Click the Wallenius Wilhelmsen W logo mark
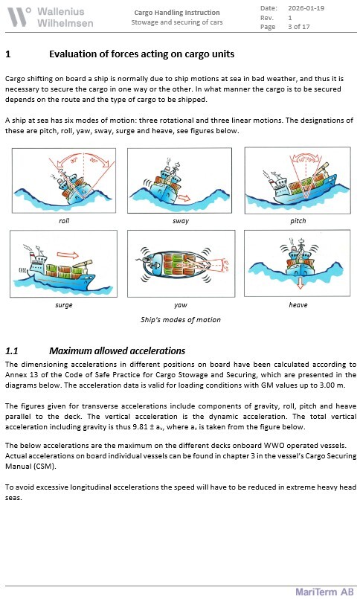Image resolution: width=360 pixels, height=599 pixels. (x=19, y=17)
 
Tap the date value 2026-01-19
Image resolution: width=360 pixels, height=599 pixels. (x=306, y=8)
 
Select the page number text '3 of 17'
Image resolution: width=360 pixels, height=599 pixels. (x=299, y=27)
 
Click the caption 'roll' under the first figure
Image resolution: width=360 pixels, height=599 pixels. (x=64, y=221)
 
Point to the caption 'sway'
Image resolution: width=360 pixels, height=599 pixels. (x=181, y=221)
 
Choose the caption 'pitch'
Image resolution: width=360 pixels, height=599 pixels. (x=298, y=221)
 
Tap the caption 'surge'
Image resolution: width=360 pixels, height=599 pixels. (x=64, y=305)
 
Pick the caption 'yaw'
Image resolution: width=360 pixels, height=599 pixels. (x=181, y=305)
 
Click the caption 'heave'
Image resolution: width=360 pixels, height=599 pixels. (x=298, y=305)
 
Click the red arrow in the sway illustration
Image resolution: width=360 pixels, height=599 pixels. (x=184, y=198)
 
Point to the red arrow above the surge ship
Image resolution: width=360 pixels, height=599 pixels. (x=68, y=254)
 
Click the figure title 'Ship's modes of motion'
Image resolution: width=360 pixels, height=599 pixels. (x=181, y=320)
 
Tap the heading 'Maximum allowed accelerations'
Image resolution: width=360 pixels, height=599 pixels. (x=118, y=350)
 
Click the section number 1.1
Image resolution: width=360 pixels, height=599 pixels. (x=12, y=350)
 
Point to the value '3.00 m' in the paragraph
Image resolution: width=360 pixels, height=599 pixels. (x=333, y=385)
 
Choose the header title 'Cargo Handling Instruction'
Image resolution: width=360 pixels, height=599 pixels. (x=177, y=13)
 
